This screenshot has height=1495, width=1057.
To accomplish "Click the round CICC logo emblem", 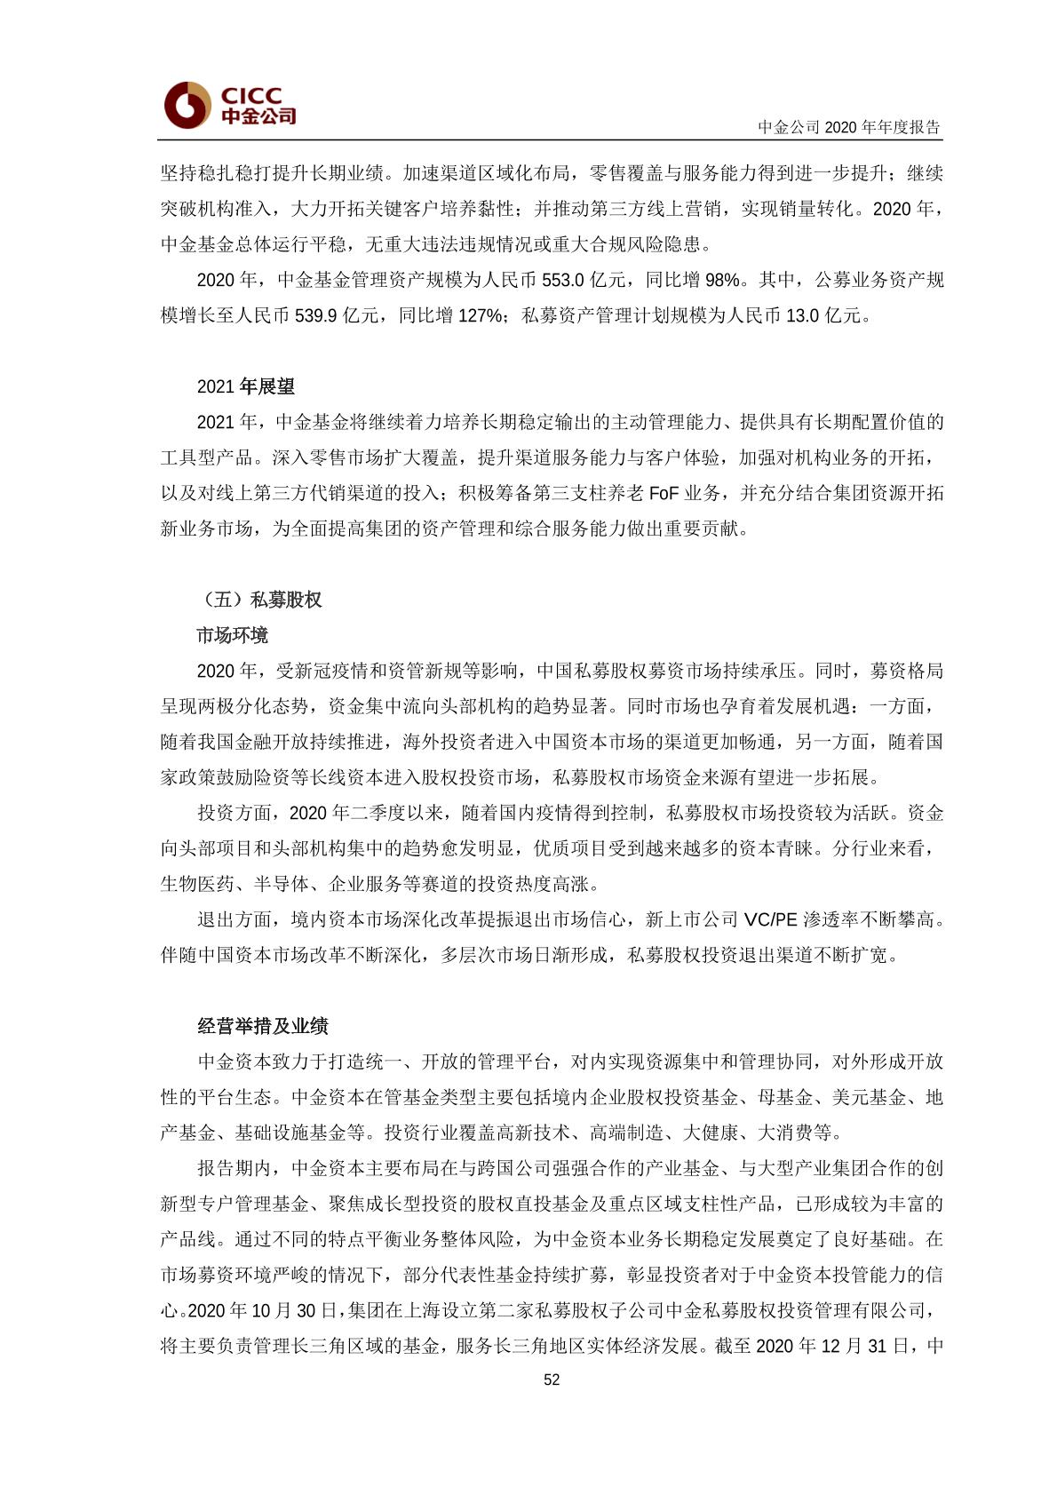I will [187, 106].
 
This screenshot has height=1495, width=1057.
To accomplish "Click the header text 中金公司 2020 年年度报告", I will [848, 127].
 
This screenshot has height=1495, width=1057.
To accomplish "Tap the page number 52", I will [552, 1380].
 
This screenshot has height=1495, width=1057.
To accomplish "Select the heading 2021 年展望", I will [245, 386].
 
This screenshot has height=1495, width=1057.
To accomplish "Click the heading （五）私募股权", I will [258, 600].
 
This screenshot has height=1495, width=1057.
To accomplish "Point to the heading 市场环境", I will [232, 635].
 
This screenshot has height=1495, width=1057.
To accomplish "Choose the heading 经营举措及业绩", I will [262, 1026].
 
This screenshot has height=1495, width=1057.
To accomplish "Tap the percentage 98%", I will [722, 280].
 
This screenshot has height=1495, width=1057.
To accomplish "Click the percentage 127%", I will [481, 315].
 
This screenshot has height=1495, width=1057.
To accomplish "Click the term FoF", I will [664, 493].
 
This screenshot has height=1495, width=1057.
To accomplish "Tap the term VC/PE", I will [770, 919].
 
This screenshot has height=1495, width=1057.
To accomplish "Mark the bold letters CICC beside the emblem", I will [251, 95].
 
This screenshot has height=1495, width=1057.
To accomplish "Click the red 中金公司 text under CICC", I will [258, 116].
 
